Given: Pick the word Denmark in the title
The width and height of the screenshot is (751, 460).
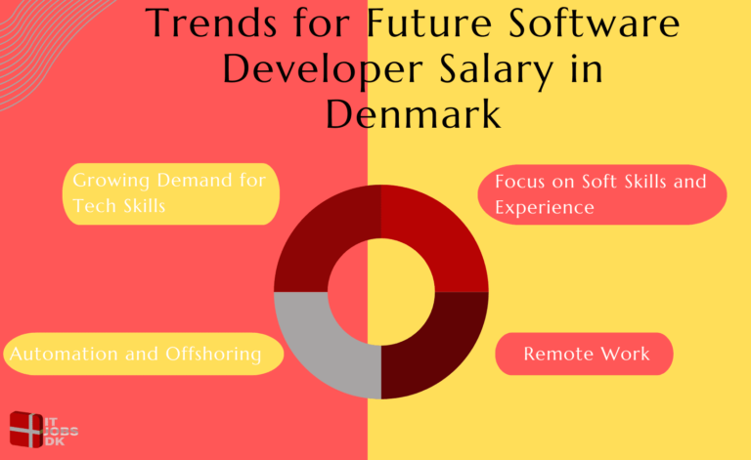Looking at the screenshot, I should (x=414, y=115).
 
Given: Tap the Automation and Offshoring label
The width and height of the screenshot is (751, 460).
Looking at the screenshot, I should (x=137, y=354).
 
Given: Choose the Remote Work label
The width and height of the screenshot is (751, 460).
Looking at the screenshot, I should (x=586, y=354).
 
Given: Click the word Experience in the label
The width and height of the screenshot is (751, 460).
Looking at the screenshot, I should (x=544, y=208).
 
